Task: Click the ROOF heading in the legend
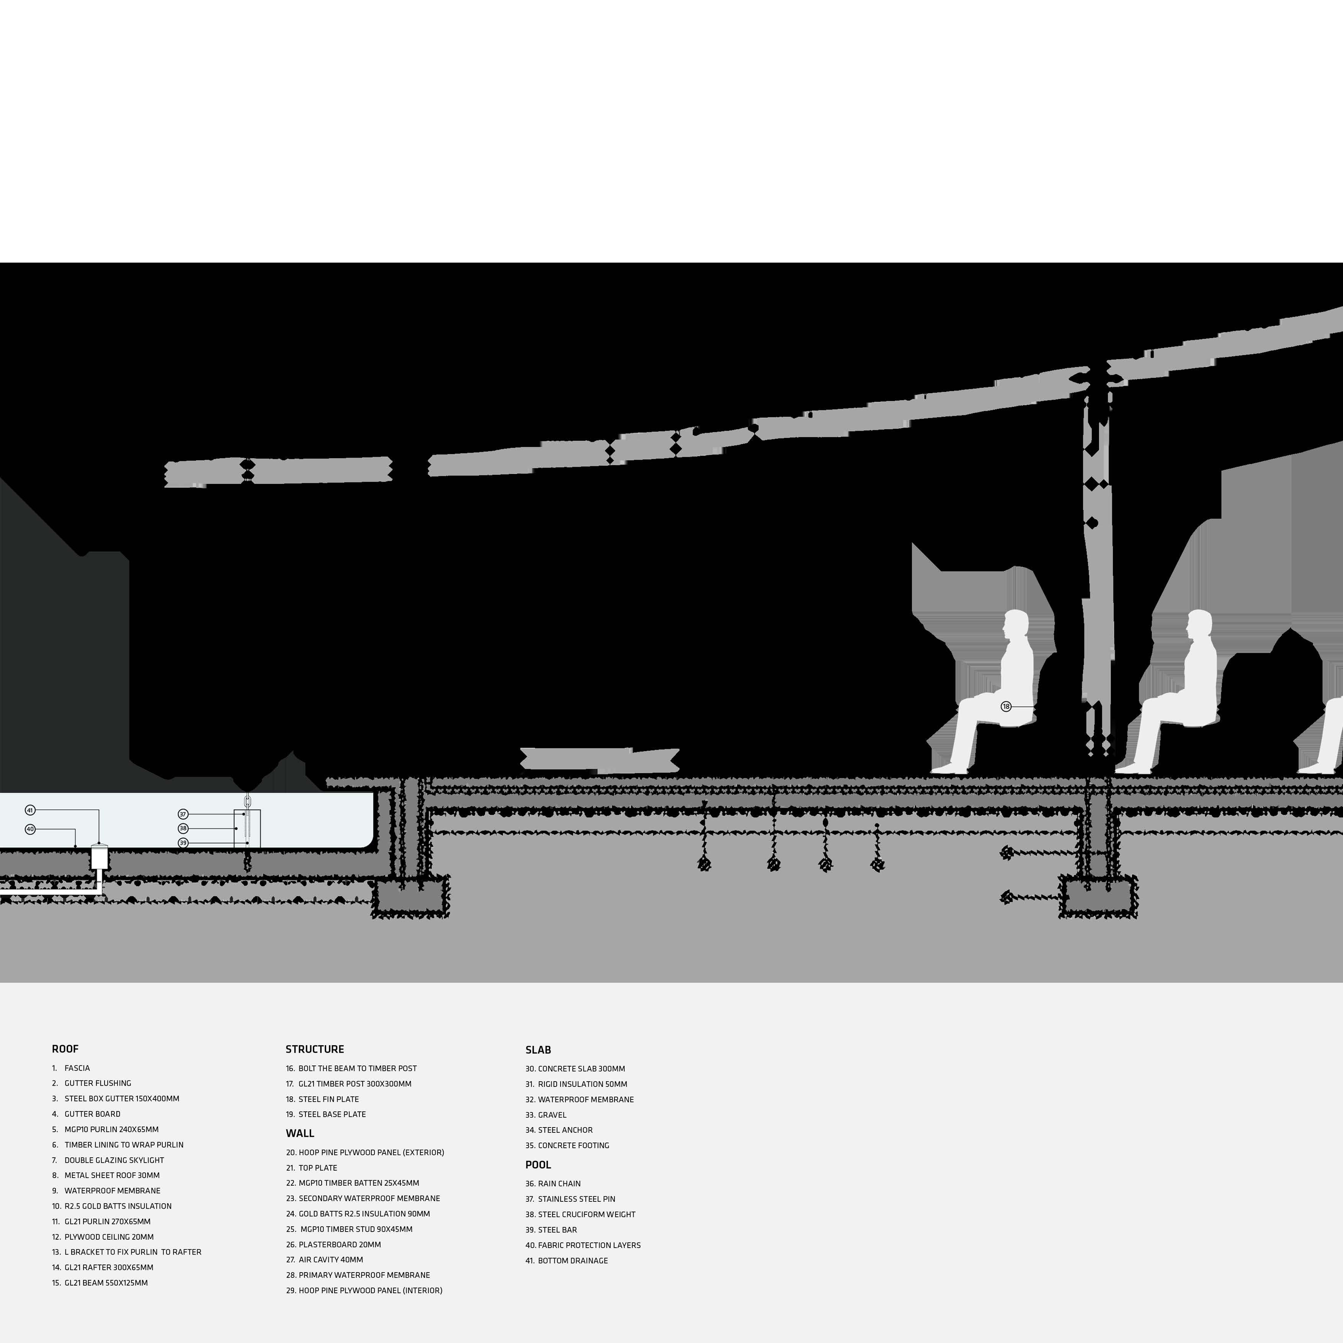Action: click(x=65, y=1049)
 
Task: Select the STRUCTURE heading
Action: click(x=314, y=1049)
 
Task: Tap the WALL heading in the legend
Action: click(x=300, y=1133)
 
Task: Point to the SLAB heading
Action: click(x=538, y=1050)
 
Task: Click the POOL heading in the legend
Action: click(x=538, y=1164)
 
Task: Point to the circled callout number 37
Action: click(x=183, y=814)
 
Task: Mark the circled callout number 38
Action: click(x=183, y=828)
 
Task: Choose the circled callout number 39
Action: click(x=183, y=843)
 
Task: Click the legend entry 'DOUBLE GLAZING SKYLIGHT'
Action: click(x=114, y=1160)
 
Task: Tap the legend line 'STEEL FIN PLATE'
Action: click(x=328, y=1099)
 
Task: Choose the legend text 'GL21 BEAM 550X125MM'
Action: click(x=106, y=1283)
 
